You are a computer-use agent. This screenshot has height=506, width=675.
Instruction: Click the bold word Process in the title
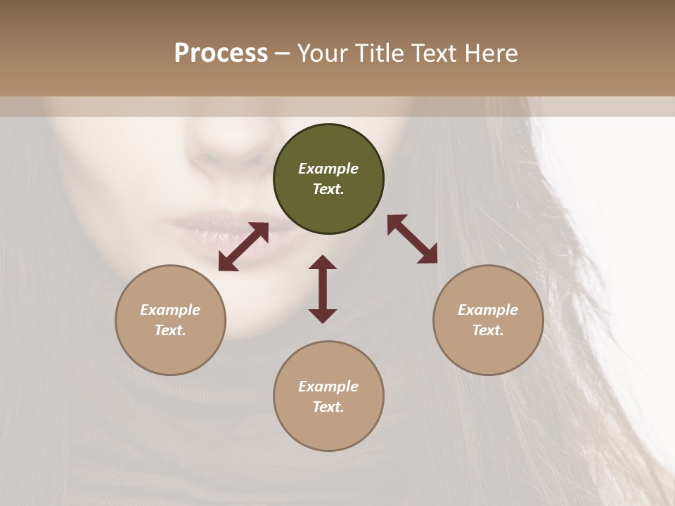(x=221, y=53)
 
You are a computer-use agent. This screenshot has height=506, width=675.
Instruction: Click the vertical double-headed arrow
(x=323, y=289)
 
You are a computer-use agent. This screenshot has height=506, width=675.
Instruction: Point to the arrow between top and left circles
(x=243, y=247)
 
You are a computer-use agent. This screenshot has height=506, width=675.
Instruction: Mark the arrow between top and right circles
(x=412, y=239)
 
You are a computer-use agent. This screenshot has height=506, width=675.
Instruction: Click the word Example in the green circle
(x=328, y=169)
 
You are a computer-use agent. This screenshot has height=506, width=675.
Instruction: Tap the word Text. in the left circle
(x=170, y=330)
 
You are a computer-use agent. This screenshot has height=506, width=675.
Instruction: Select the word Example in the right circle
(x=488, y=310)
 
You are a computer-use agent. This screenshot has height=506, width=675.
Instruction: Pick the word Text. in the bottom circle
(x=328, y=407)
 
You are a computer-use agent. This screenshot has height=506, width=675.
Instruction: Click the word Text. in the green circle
(x=328, y=189)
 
